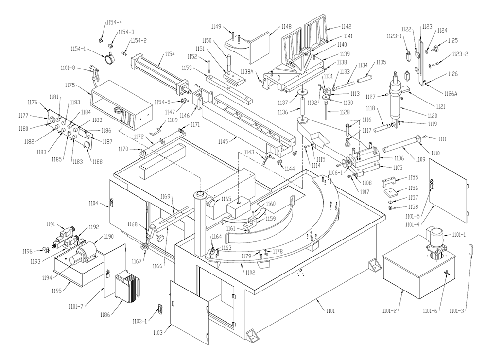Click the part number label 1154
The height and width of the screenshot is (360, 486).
[170, 54]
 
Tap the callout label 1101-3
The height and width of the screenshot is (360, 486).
[457, 311]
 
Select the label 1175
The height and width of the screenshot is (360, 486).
[70, 85]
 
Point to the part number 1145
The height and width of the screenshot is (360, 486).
[223, 141]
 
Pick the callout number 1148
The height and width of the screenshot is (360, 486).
[286, 27]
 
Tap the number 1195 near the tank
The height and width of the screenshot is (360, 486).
[56, 291]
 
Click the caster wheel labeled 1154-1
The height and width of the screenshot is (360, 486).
[109, 58]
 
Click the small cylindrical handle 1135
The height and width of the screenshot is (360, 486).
[365, 78]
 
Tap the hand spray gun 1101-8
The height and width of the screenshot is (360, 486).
[94, 72]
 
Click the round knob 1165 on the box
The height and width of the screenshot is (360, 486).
[212, 203]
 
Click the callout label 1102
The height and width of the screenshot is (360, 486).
[250, 273]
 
